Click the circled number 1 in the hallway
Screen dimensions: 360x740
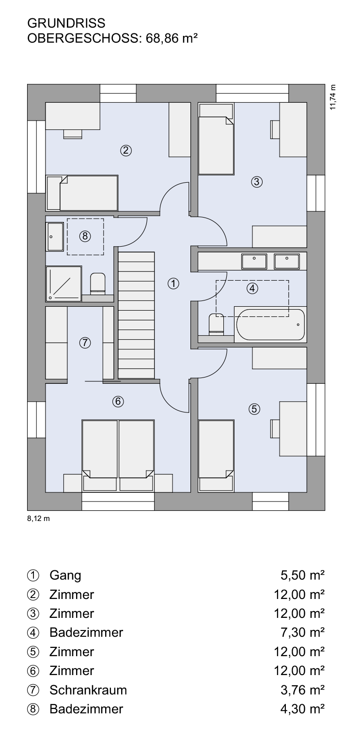pyautogui.click(x=173, y=283)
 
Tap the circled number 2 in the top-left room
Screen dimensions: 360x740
pyautogui.click(x=126, y=151)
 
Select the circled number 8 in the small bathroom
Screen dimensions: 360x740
pyautogui.click(x=85, y=236)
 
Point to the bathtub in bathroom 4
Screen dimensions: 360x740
pyautogui.click(x=270, y=324)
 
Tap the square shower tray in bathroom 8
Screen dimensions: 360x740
pyautogui.click(x=63, y=283)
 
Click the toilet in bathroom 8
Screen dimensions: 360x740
pyautogui.click(x=98, y=283)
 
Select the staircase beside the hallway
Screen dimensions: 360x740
pyautogui.click(x=137, y=315)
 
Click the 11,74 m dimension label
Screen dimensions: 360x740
pyautogui.click(x=332, y=97)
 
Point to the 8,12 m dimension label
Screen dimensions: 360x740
pyautogui.click(x=38, y=519)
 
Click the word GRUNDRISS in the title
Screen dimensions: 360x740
pyautogui.click(x=66, y=23)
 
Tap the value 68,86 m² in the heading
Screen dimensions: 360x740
pyautogui.click(x=172, y=39)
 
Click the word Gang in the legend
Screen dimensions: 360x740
pyautogui.click(x=65, y=576)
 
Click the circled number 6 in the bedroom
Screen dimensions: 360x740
pyautogui.click(x=118, y=401)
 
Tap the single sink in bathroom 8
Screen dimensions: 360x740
pyautogui.click(x=55, y=237)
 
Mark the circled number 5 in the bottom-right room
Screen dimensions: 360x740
pyautogui.click(x=254, y=409)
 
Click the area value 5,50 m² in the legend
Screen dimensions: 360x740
pyautogui.click(x=302, y=575)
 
